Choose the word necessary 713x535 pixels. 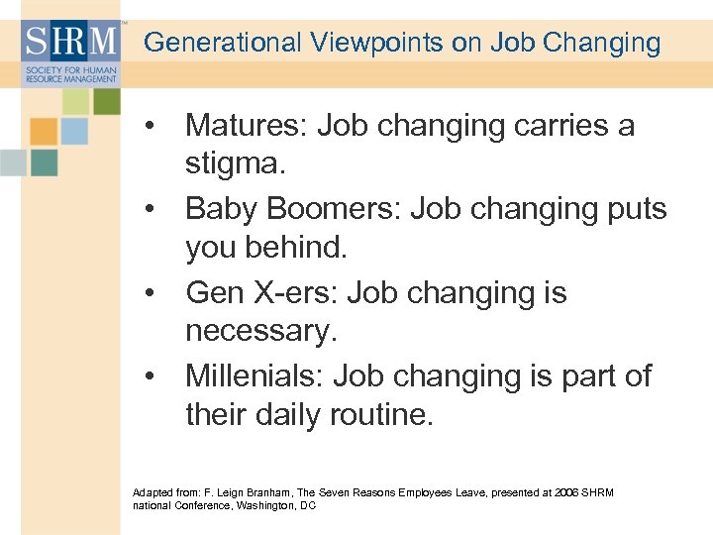261,331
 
